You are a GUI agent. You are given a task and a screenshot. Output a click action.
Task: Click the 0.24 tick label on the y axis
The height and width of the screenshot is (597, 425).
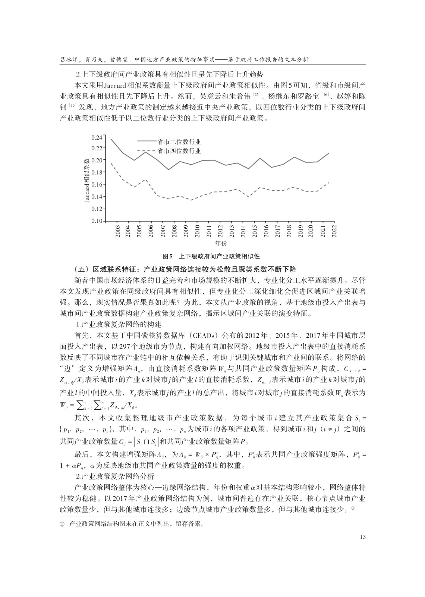(x=96, y=137)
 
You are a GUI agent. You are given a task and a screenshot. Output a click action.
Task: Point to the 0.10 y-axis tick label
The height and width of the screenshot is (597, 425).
(x=96, y=221)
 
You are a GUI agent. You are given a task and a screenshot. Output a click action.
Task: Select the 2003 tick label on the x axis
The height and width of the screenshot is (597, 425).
(x=117, y=231)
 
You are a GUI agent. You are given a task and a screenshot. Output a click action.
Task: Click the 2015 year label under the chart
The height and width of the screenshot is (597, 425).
(x=254, y=231)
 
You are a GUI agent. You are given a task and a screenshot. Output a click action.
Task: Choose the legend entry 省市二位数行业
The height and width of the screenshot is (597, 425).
(x=179, y=142)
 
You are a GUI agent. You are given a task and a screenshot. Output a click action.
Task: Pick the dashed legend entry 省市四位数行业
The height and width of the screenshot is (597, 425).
(x=179, y=151)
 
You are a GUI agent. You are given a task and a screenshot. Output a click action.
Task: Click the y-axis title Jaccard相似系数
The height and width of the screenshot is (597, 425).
(x=86, y=180)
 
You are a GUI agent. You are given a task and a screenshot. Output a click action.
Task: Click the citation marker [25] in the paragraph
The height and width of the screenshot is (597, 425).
(x=257, y=95)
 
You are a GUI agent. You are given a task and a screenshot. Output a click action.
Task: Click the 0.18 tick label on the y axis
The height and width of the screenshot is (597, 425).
(x=96, y=172)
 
